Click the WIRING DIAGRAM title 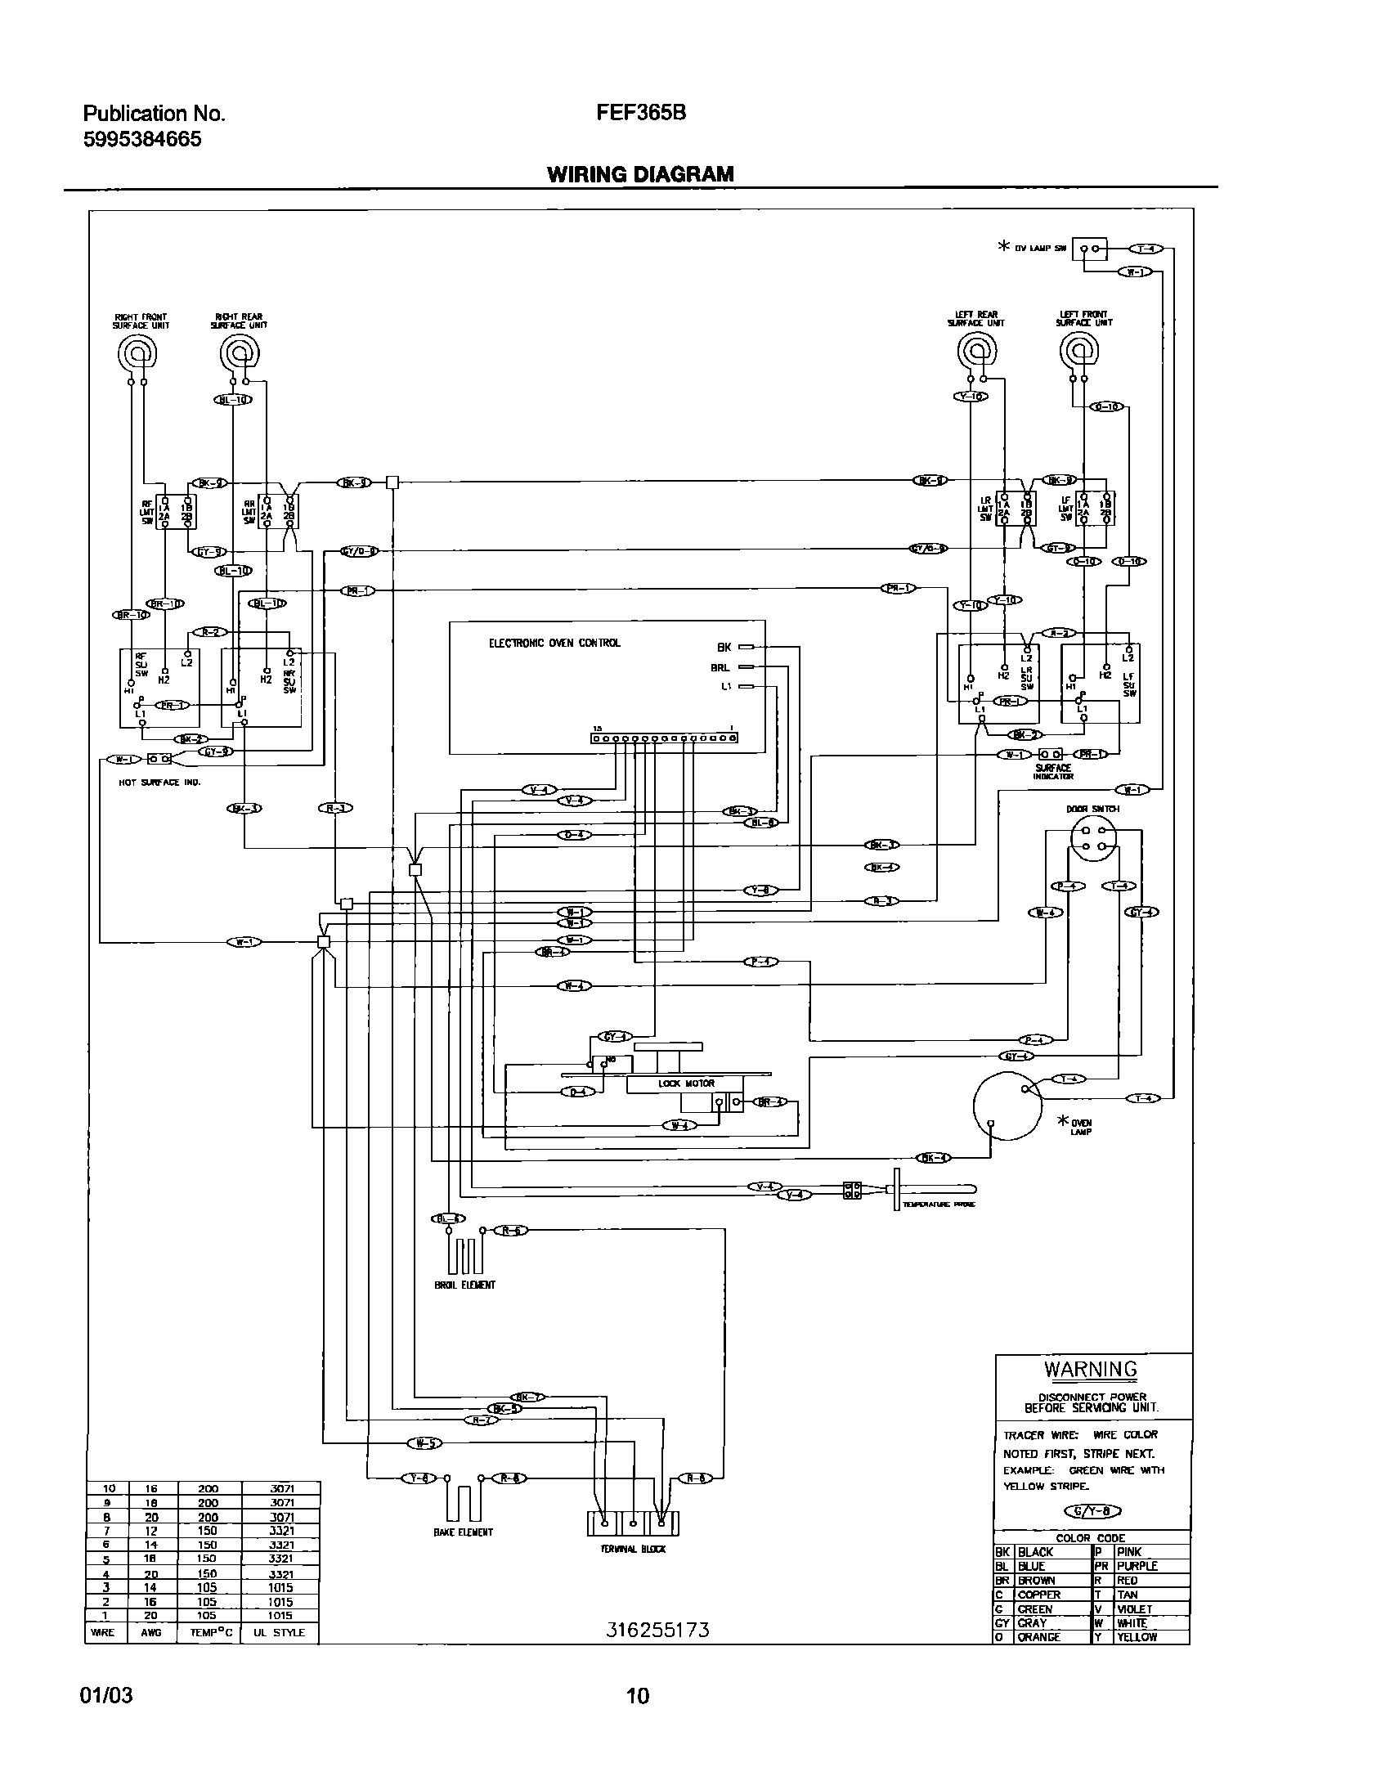(640, 174)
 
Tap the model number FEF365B (641, 114)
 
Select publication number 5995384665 (142, 139)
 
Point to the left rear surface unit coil (976, 352)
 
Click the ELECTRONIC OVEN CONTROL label (554, 644)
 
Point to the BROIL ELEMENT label (464, 1285)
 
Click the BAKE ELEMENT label (463, 1532)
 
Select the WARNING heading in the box (1090, 1369)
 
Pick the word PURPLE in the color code (1137, 1565)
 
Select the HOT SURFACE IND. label (159, 782)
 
